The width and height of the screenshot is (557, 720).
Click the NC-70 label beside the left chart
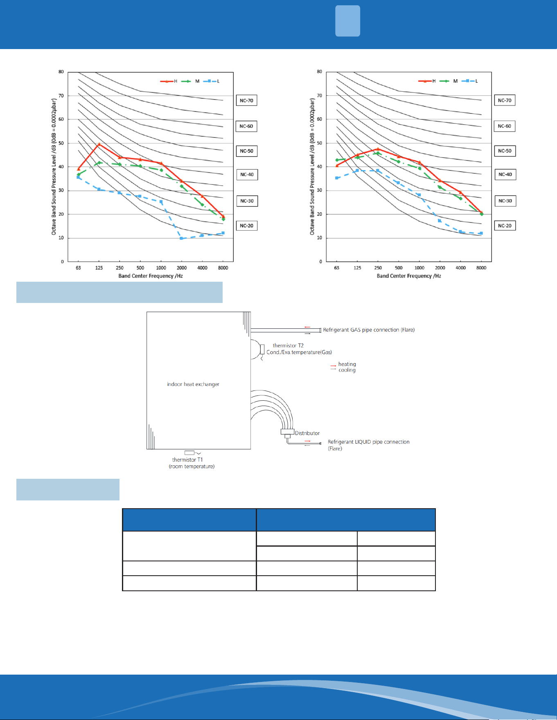pyautogui.click(x=246, y=101)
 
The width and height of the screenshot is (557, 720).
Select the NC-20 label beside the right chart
pyautogui.click(x=505, y=226)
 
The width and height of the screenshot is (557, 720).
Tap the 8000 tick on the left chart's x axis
pyautogui.click(x=223, y=268)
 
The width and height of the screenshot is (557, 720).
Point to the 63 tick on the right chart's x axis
pyautogui.click(x=336, y=268)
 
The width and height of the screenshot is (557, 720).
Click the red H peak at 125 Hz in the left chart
pyautogui.click(x=99, y=144)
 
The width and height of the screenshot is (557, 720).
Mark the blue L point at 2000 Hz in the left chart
pyautogui.click(x=181, y=238)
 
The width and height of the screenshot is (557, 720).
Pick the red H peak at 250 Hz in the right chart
pyautogui.click(x=378, y=149)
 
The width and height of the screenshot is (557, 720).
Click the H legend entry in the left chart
pyautogui.click(x=169, y=81)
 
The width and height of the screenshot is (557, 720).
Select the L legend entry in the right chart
pyautogui.click(x=470, y=81)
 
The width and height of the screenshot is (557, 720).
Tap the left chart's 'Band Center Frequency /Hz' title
pyautogui.click(x=151, y=276)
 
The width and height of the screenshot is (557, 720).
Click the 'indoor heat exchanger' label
pyautogui.click(x=193, y=384)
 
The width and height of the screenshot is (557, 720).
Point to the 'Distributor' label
pyautogui.click(x=307, y=433)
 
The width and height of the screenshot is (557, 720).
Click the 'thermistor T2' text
pyautogui.click(x=288, y=345)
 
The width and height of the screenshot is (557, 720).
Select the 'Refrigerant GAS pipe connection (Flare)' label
pyautogui.click(x=369, y=330)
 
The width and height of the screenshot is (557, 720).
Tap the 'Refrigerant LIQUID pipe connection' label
pyautogui.click(x=369, y=442)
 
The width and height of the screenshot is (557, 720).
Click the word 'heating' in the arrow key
pyautogui.click(x=347, y=364)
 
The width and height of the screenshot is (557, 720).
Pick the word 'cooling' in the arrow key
pyautogui.click(x=347, y=370)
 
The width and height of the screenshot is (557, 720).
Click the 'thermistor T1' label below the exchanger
pyautogui.click(x=187, y=460)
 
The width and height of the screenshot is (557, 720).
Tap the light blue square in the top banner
pyautogui.click(x=347, y=21)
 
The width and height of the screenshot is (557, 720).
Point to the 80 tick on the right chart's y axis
pyautogui.click(x=319, y=72)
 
